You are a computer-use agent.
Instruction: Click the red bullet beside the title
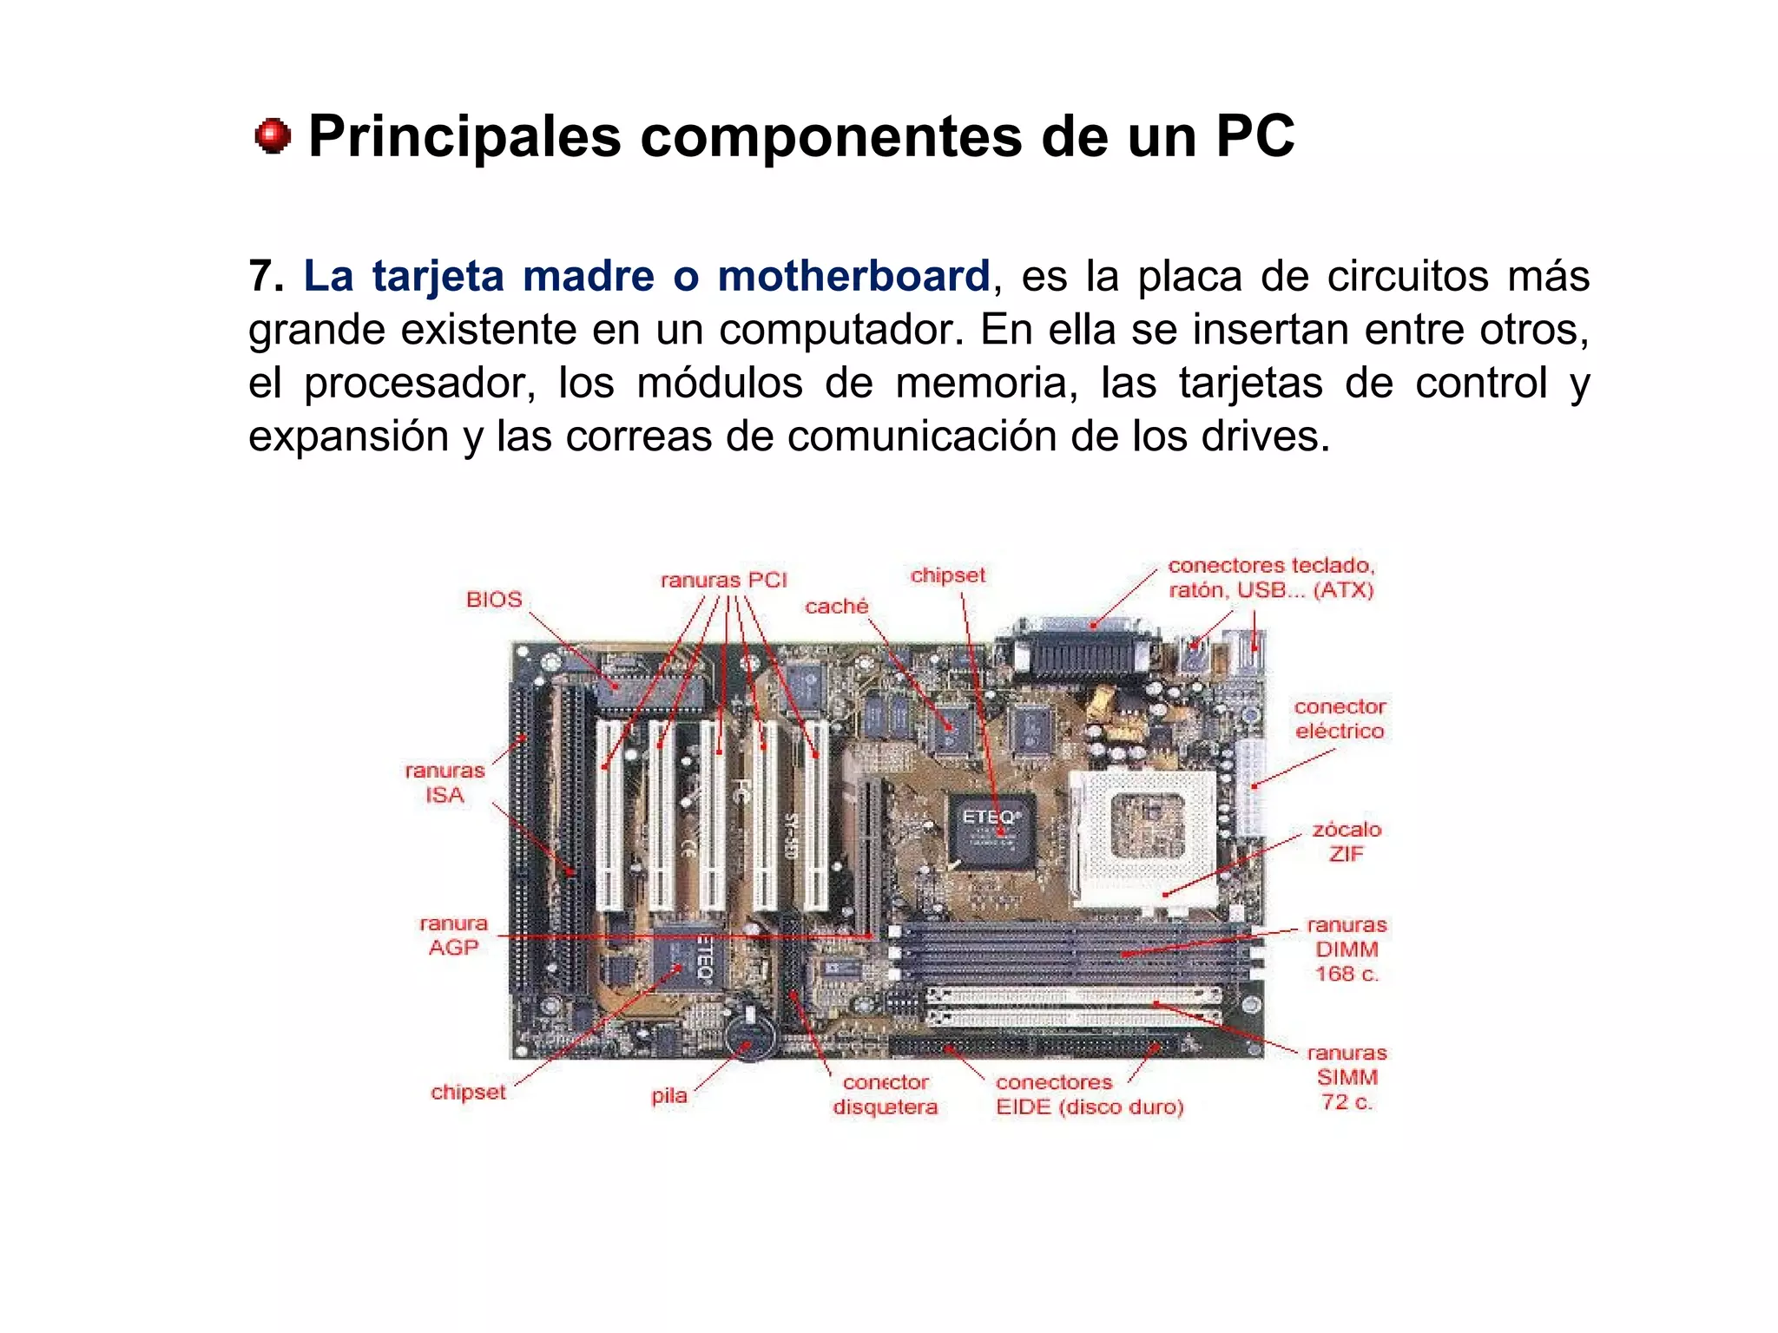click(273, 136)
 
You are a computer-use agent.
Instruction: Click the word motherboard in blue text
click(853, 276)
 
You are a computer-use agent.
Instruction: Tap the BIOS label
click(494, 600)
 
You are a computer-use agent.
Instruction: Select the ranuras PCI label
click(723, 581)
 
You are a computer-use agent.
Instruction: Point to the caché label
click(836, 607)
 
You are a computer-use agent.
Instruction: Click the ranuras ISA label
click(444, 783)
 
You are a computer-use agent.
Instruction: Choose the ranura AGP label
click(453, 936)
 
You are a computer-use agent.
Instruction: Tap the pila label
click(668, 1096)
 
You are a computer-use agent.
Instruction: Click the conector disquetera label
click(886, 1094)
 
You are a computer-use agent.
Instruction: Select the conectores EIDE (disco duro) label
click(1090, 1094)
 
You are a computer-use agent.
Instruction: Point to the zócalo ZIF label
click(1347, 842)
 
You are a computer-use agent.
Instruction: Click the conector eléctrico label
click(1340, 719)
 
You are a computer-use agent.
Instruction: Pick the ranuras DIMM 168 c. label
click(1347, 949)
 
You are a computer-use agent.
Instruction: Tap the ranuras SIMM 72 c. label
click(1347, 1077)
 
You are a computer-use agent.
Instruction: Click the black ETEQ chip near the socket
click(991, 830)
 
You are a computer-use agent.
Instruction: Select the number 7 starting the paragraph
click(260, 276)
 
